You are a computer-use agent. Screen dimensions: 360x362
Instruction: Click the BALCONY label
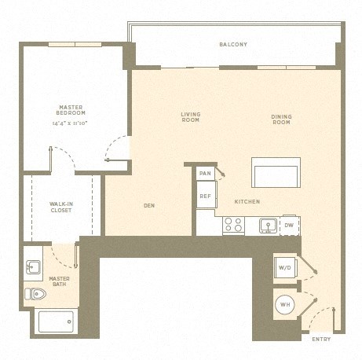pos(233,45)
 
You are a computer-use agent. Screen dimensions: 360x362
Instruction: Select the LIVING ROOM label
pos(191,118)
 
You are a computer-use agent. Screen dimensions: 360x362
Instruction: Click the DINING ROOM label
pos(281,119)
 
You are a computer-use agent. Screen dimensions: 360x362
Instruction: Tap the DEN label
pos(149,207)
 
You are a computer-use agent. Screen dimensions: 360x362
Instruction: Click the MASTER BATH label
pos(60,281)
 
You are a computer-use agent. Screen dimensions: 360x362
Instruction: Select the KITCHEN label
pos(247,202)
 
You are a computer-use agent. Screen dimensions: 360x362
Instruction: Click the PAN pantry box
pos(205,173)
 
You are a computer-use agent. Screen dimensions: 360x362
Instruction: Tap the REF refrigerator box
pos(205,196)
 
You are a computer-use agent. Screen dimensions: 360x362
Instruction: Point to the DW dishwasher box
pos(289,226)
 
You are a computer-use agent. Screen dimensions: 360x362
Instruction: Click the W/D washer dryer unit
pos(284,267)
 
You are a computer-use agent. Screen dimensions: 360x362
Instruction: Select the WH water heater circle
pos(285,304)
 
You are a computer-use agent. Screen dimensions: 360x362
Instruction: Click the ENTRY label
pos(321,340)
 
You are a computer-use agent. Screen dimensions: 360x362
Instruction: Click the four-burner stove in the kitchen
pos(233,225)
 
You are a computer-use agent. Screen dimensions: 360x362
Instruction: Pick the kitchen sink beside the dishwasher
pos(268,226)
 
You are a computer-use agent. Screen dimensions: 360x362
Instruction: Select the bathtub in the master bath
pos(57,321)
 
